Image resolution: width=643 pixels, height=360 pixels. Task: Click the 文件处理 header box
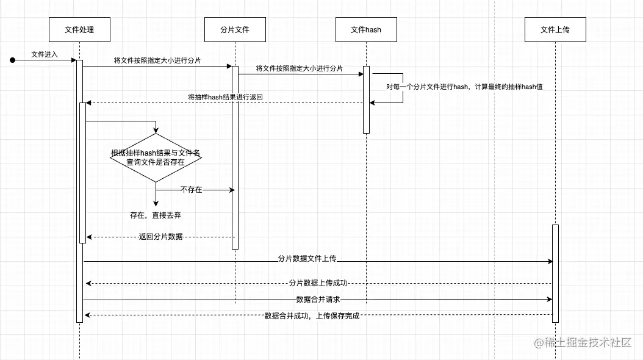pos(79,29)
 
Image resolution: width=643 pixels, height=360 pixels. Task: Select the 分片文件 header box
pos(235,29)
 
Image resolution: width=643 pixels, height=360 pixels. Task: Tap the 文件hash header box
pos(366,29)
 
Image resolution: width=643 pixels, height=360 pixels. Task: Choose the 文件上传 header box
pos(555,29)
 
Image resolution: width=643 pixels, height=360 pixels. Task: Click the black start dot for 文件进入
pos(12,60)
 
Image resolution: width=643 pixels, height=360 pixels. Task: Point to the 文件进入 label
pos(45,54)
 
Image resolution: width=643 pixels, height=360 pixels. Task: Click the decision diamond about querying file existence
pos(156,157)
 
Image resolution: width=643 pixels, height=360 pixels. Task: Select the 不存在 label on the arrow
pos(191,190)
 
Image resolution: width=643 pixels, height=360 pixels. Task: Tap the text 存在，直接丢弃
pos(156,215)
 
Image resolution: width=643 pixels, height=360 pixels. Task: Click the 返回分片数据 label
pos(160,237)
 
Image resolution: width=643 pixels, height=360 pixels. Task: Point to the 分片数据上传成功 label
pos(318,283)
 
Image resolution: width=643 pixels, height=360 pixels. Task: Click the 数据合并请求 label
pos(318,299)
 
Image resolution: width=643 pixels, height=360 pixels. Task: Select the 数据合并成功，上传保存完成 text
pos(312,316)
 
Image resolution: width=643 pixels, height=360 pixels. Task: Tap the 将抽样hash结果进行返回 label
pos(225,97)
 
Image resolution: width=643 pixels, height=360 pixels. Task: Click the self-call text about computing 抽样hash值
pos(464,87)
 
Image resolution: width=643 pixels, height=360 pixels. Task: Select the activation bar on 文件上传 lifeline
pos(555,272)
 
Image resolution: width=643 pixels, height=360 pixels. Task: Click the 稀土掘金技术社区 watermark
pos(583,343)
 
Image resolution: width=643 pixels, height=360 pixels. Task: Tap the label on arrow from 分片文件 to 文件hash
pos(299,68)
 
